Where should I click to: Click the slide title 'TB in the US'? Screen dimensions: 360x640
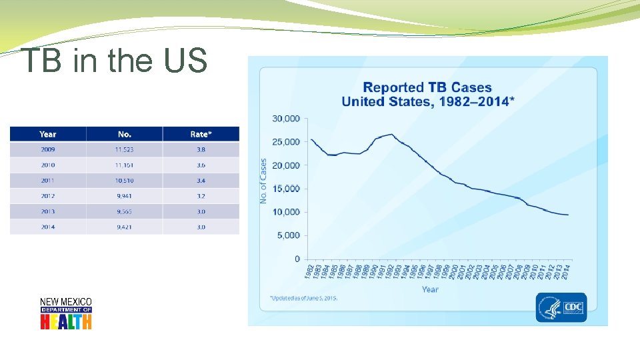(x=114, y=61)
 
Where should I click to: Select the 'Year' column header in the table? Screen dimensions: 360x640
(x=47, y=134)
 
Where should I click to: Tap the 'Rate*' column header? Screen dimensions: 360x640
(x=200, y=134)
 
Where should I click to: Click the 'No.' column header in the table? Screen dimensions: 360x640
(x=124, y=134)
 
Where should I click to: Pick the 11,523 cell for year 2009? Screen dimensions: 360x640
(x=124, y=150)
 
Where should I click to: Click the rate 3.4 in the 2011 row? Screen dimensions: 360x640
(x=201, y=181)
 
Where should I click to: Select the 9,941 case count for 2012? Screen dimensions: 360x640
(x=124, y=196)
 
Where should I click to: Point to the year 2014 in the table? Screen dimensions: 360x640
(x=47, y=227)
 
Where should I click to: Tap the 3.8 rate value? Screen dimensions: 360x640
(x=201, y=150)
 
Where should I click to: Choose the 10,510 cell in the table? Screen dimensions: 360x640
(x=124, y=181)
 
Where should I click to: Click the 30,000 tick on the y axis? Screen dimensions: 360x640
(x=286, y=119)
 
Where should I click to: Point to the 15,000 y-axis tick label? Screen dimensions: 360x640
(x=286, y=189)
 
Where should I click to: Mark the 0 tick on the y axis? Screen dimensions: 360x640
(x=297, y=259)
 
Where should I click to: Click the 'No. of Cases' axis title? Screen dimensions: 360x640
(x=263, y=181)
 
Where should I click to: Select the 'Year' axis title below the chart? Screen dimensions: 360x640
(x=430, y=289)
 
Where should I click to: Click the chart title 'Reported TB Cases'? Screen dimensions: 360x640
(x=427, y=87)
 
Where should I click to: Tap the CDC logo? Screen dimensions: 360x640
(x=561, y=307)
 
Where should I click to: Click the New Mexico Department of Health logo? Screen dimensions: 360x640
(x=66, y=313)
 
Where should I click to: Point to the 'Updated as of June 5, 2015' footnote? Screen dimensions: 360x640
(x=303, y=298)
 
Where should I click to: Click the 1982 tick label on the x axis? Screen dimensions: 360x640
(x=309, y=271)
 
